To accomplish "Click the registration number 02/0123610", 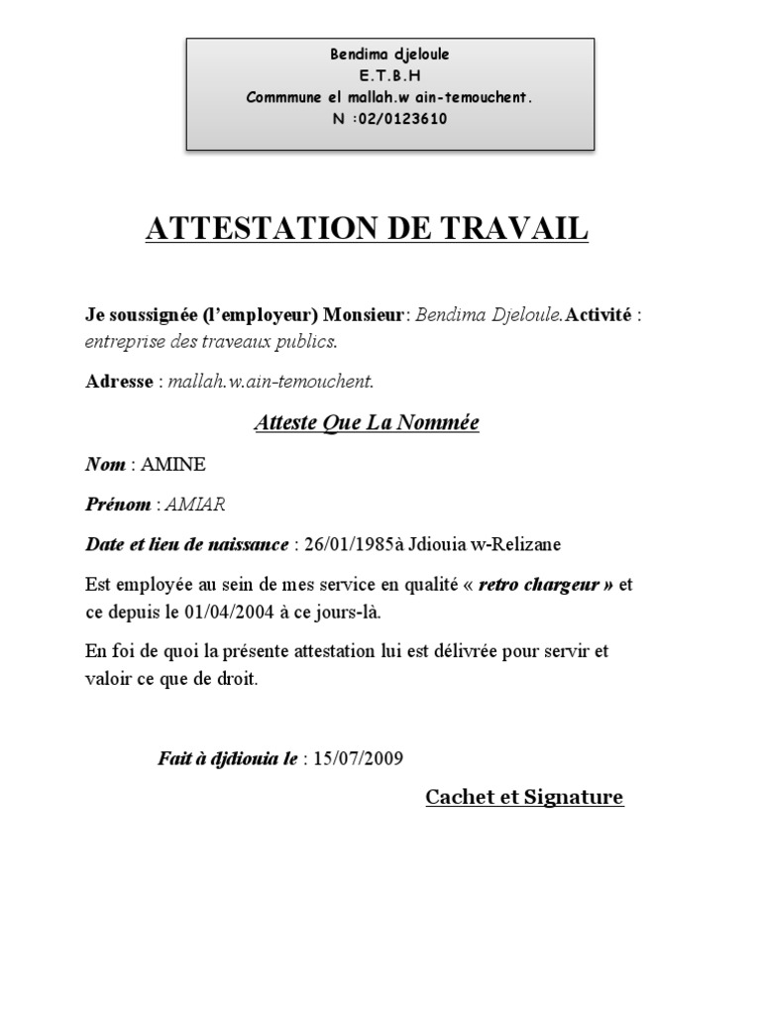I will tap(400, 119).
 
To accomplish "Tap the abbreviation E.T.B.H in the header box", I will tap(389, 75).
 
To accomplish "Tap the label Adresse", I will tap(119, 382).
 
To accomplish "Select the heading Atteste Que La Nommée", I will tap(367, 423).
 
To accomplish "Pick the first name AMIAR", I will tap(196, 505).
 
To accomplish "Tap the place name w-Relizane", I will tap(520, 544).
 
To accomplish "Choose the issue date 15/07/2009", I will tap(358, 760).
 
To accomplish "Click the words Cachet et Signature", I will tap(524, 797).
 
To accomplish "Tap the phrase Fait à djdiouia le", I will tap(228, 760).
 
